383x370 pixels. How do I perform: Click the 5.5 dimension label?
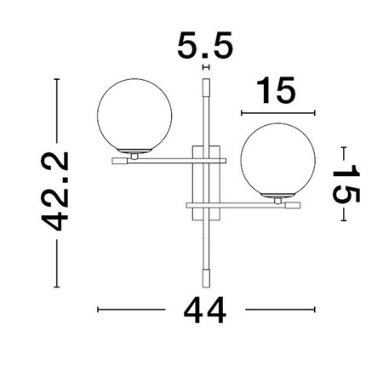[x=204, y=44]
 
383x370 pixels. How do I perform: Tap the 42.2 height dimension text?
[x=57, y=191]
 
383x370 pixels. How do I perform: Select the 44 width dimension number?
[x=204, y=310]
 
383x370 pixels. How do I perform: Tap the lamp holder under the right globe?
[x=278, y=202]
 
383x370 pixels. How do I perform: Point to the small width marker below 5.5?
[x=205, y=65]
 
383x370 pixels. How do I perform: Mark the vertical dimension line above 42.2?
[x=57, y=111]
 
